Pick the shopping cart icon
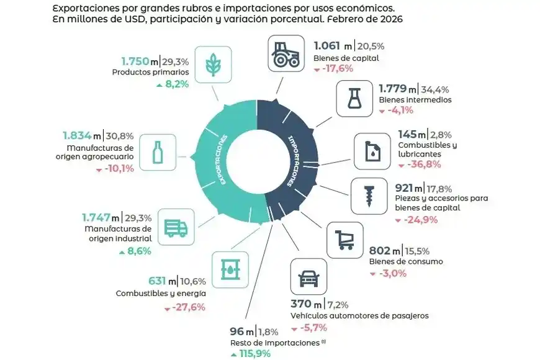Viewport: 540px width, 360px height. point(344,240)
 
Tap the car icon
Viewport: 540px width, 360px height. point(308,277)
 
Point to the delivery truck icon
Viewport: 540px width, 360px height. point(176,228)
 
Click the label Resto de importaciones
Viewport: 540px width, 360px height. point(274,343)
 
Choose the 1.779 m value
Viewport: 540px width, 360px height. point(396,89)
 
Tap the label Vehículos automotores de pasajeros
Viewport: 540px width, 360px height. point(359,315)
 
